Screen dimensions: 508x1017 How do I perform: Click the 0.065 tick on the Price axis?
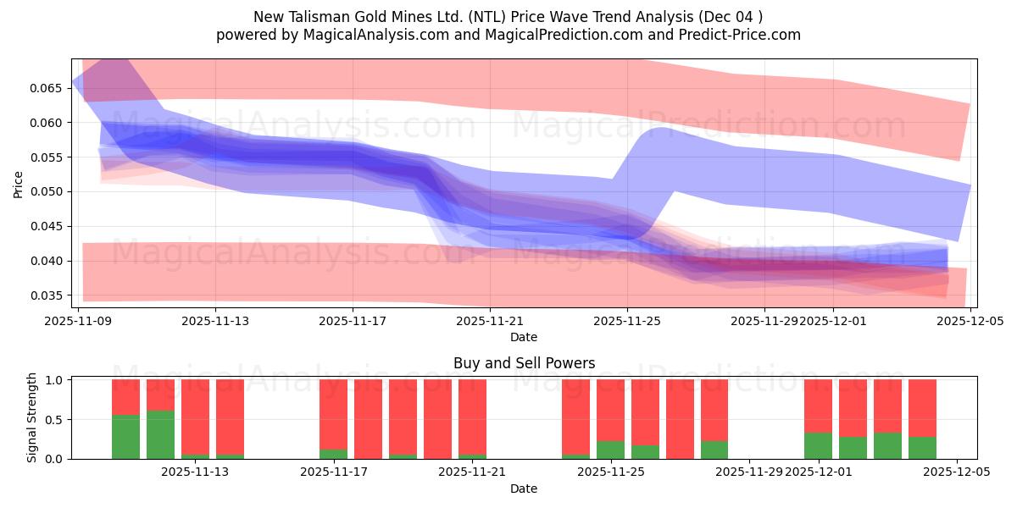click(49, 88)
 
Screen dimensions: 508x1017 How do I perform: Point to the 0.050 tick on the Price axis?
click(49, 191)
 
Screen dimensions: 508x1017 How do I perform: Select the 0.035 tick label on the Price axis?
click(49, 295)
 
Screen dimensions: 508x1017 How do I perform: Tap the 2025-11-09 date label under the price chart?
click(78, 321)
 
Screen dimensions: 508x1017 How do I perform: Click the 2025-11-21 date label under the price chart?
click(491, 321)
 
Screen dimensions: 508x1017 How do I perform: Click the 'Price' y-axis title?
click(19, 183)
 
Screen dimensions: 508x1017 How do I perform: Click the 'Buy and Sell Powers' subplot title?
click(524, 363)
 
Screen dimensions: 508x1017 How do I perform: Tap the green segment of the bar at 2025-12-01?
click(818, 446)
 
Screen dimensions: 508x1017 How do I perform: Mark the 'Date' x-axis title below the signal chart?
click(524, 489)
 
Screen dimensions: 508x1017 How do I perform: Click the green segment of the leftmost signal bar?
click(125, 437)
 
